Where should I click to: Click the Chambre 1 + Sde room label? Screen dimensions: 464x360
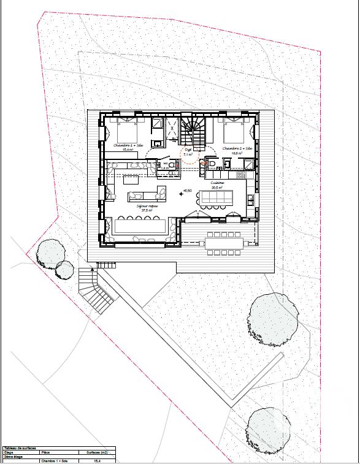pyautogui.click(x=128, y=146)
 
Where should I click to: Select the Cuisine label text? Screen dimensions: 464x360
pyautogui.click(x=218, y=183)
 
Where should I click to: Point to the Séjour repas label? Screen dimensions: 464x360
pyautogui.click(x=147, y=207)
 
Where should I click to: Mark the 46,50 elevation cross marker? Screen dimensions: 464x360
pyautogui.click(x=180, y=194)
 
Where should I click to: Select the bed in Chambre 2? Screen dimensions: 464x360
pyautogui.click(x=235, y=131)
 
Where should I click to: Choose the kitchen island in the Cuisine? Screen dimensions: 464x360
pyautogui.click(x=218, y=198)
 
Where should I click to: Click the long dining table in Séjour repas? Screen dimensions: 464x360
pyautogui.click(x=139, y=226)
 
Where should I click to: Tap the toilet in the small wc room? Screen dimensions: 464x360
pyautogui.click(x=212, y=165)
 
